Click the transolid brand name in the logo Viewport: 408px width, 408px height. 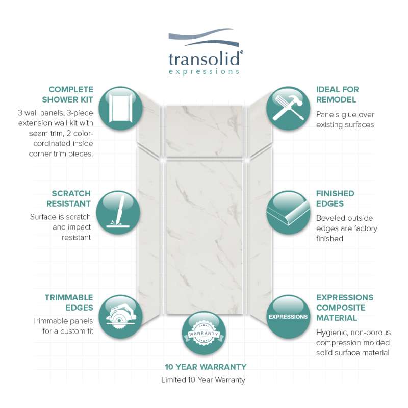pos(204,58)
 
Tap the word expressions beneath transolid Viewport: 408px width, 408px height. pos(203,71)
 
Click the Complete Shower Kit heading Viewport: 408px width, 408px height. pos(68,94)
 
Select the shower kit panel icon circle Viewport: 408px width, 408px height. pos(121,108)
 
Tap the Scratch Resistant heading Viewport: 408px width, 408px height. pos(69,198)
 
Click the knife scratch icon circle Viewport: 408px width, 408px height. pos(118,212)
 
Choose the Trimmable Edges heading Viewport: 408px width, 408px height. pos(69,302)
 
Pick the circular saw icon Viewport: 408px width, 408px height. pos(121,316)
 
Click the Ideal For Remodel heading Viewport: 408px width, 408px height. pos(338,94)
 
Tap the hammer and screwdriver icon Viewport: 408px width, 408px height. pos(288,108)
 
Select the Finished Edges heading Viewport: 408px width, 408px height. pos(335,198)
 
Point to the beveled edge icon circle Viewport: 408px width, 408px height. pos(288,212)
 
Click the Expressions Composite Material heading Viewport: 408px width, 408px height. pos(345,308)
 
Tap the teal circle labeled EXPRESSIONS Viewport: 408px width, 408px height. pos(288,316)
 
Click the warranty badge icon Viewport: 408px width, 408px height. pos(203,334)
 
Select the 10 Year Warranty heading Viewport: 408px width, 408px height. pos(206,367)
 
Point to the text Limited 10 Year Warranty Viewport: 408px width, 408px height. pos(203,380)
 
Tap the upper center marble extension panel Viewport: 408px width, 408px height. pos(205,131)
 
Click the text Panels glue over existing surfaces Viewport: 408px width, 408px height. pos(345,120)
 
